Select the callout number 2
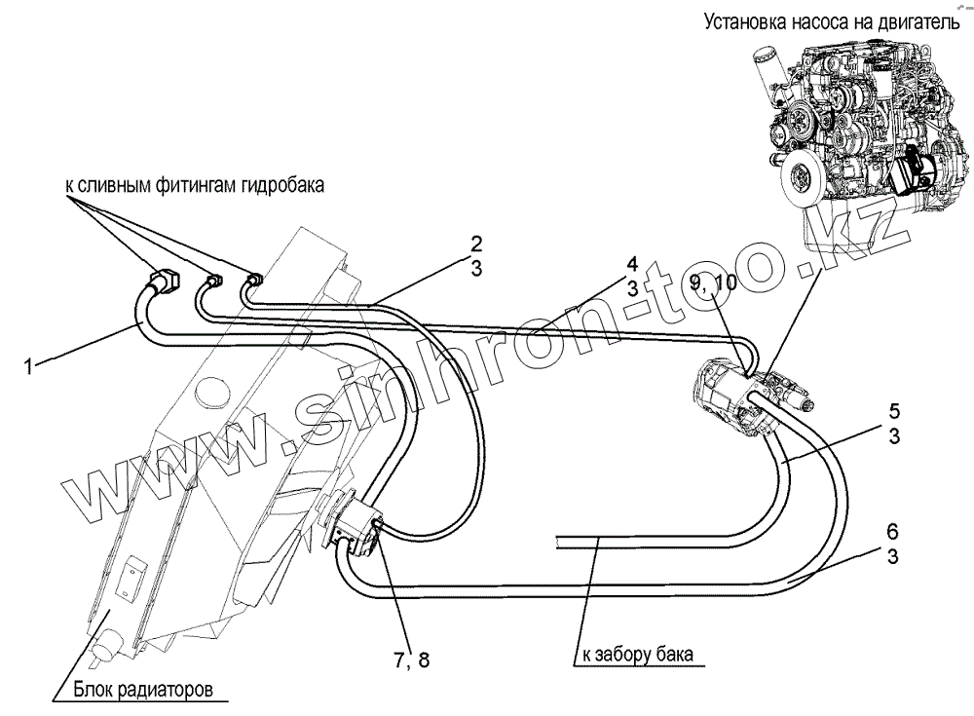tap(476, 244)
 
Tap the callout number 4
tap(632, 264)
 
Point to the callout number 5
tap(892, 410)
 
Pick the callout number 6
tap(892, 534)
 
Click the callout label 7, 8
tap(411, 659)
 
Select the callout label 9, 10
tap(714, 283)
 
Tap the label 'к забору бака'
tap(638, 655)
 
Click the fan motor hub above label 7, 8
tap(355, 526)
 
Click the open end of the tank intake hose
tap(559, 542)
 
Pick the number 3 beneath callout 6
tap(892, 556)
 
